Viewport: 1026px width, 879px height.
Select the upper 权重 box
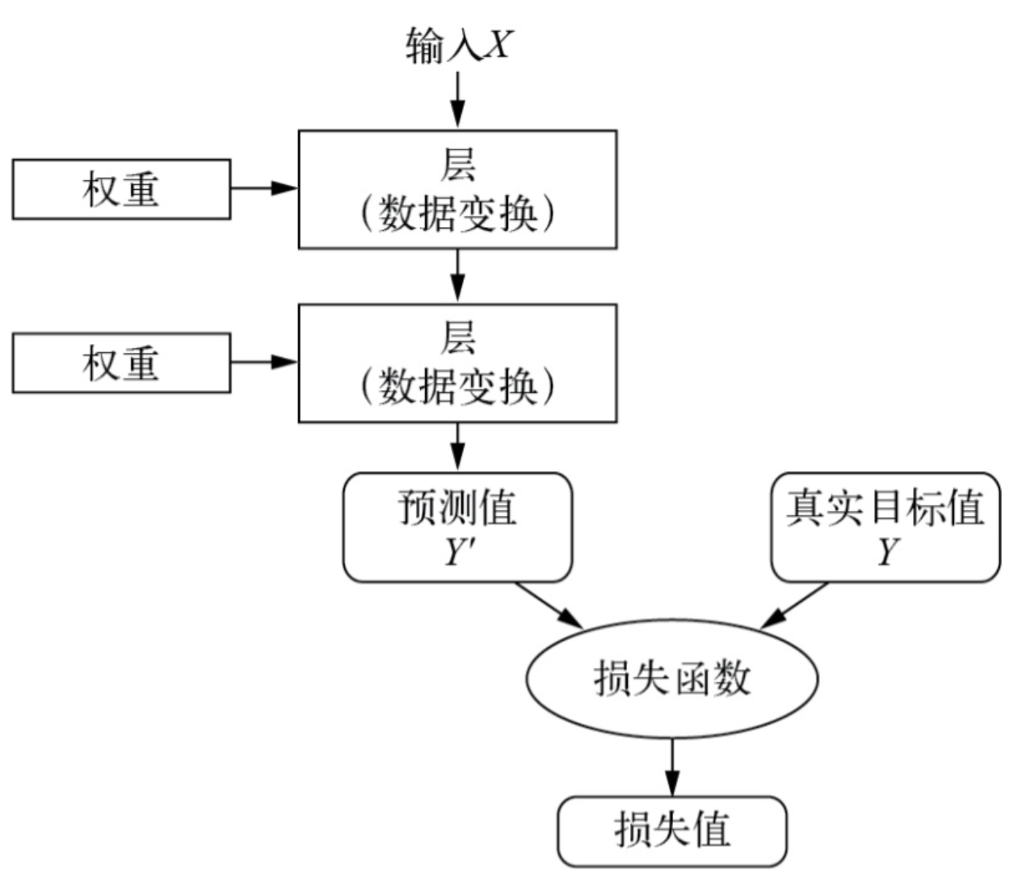(121, 189)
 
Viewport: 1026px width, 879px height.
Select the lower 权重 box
(121, 363)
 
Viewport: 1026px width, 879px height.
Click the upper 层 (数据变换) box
(457, 189)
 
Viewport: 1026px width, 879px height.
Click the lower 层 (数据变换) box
(457, 363)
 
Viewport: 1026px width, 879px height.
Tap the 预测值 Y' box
(457, 527)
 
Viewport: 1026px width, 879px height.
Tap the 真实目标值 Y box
(885, 527)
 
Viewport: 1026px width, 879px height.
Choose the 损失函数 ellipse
(671, 678)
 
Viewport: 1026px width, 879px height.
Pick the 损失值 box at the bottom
(671, 831)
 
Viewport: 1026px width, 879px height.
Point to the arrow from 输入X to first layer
(457, 99)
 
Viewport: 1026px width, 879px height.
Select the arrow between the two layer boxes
(457, 275)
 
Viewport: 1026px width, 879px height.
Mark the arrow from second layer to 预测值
(457, 446)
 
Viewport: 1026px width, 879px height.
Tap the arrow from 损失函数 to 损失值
(671, 767)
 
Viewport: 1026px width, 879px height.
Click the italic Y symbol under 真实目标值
(888, 553)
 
